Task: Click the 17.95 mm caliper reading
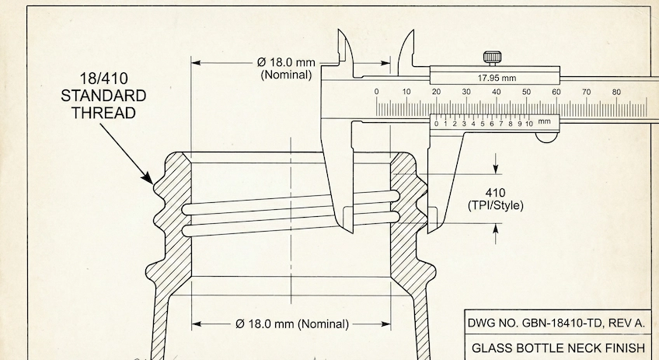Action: [496, 78]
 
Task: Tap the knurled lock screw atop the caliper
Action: [493, 58]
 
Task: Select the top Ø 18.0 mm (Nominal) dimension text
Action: [287, 68]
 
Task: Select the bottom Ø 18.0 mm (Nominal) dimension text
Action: [291, 323]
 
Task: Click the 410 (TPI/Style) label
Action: [495, 199]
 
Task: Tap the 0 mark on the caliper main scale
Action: [377, 92]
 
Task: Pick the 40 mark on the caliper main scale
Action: [496, 92]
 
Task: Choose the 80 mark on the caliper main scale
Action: [616, 92]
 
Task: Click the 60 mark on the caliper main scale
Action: [556, 92]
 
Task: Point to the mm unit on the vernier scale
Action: [544, 121]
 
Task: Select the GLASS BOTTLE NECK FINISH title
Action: [558, 348]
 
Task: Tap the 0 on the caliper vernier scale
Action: [437, 123]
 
